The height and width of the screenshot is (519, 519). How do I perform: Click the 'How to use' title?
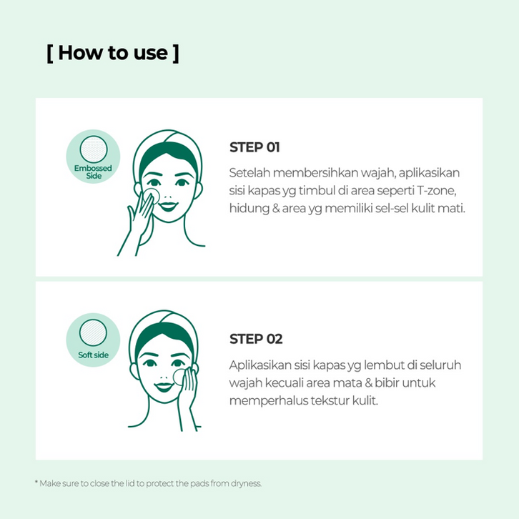pos(113,53)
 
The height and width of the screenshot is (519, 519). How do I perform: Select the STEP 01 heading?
pos(254,147)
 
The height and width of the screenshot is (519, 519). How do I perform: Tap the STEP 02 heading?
pos(256,339)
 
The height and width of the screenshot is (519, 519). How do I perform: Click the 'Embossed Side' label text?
pos(93,172)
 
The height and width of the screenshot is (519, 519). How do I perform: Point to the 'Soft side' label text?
pos(94,355)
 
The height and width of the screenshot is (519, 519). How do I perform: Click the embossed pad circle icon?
pos(94,149)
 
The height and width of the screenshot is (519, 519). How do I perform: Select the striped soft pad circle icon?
pos(94,332)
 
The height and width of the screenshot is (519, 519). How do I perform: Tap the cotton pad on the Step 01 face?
pos(152,196)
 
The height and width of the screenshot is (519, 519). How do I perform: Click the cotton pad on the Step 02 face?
pos(179,377)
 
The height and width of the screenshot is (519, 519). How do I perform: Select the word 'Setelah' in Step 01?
pos(249,172)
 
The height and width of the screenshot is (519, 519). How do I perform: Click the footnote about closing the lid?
pos(148,483)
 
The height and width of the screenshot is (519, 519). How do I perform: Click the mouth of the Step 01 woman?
pos(167,206)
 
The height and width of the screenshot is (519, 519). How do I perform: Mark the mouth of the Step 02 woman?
pos(164,387)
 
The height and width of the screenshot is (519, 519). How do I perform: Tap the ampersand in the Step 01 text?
pos(276,209)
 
